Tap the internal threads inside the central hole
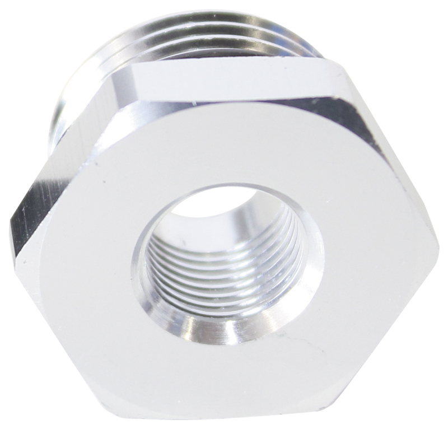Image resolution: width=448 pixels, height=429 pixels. point(224,269)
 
